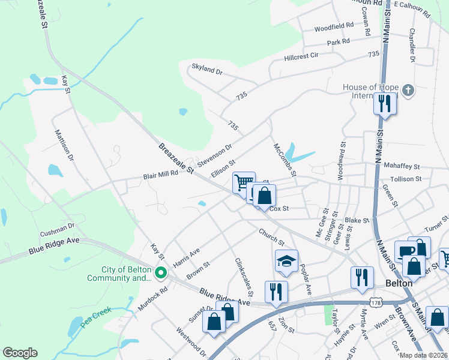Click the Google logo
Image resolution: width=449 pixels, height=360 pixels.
[20, 353]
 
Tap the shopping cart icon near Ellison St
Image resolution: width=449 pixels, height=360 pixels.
[244, 182]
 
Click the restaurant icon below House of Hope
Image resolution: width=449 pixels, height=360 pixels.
[385, 103]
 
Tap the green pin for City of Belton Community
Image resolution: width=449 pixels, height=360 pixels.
[160, 273]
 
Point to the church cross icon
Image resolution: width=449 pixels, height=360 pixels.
[408, 91]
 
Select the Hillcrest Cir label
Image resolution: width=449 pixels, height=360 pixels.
[309, 58]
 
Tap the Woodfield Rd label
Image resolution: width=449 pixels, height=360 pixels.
[334, 27]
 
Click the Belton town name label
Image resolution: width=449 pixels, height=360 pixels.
[398, 283]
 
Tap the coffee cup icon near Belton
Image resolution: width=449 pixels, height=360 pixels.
[405, 251]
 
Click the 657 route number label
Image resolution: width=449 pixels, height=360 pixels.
[272, 325]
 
